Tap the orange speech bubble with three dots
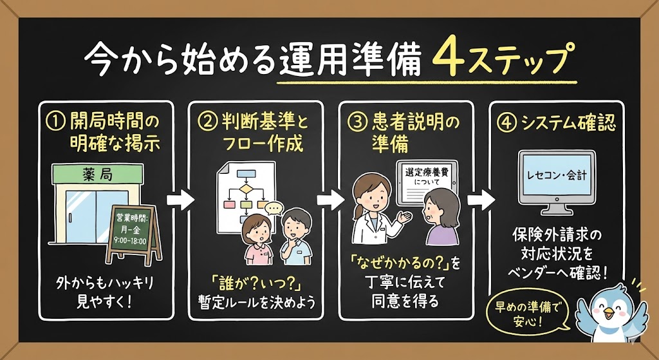[x=274, y=208]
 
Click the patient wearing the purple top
[x=442, y=222]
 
